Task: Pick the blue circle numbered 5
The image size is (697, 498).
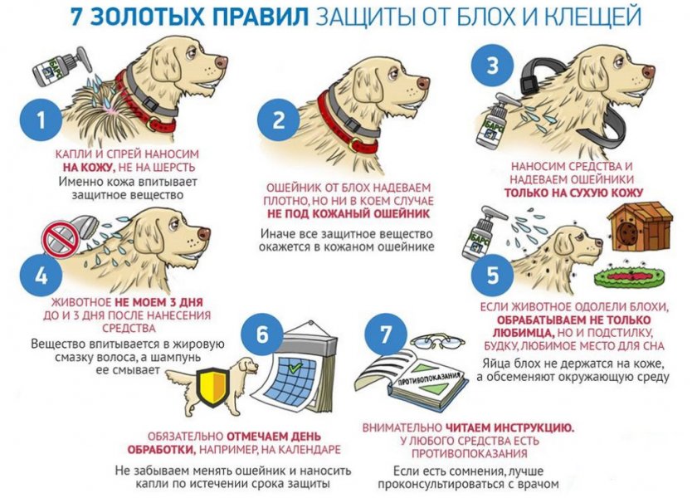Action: [492, 275]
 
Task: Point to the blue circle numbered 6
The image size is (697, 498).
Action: [262, 335]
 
